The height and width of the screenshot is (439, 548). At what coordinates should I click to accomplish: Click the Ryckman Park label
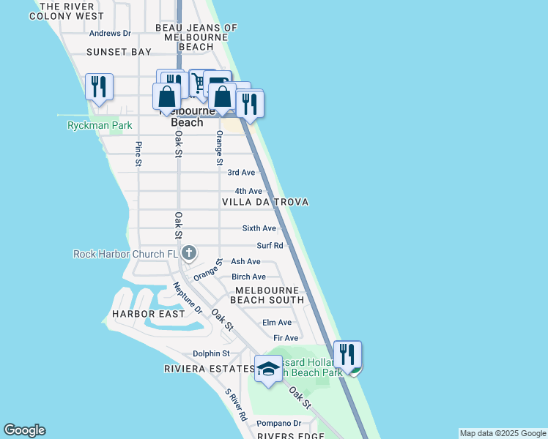click(x=100, y=125)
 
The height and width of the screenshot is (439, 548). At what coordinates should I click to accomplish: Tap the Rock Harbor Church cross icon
click(x=189, y=254)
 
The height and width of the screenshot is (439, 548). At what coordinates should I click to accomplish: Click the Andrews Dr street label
click(x=110, y=34)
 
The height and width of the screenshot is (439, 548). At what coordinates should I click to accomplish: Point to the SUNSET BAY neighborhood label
click(x=119, y=52)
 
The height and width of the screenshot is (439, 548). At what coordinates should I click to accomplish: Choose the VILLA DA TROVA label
click(x=265, y=202)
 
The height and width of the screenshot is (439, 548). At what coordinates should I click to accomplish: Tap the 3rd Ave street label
click(x=241, y=173)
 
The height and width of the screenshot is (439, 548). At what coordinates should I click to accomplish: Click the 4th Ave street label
click(x=248, y=191)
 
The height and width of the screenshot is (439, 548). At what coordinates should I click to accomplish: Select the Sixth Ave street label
click(x=259, y=228)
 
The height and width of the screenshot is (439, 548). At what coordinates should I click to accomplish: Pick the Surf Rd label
click(x=270, y=246)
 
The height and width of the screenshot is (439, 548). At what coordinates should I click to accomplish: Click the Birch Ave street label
click(x=248, y=277)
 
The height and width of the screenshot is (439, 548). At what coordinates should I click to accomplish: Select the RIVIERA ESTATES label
click(x=209, y=369)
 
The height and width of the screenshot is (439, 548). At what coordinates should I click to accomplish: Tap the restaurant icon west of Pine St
click(x=98, y=86)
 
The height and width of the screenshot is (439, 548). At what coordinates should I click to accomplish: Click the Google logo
click(x=24, y=430)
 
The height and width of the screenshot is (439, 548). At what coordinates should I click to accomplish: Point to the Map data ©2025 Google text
click(x=503, y=433)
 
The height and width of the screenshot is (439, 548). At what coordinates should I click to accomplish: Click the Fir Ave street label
click(x=286, y=338)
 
